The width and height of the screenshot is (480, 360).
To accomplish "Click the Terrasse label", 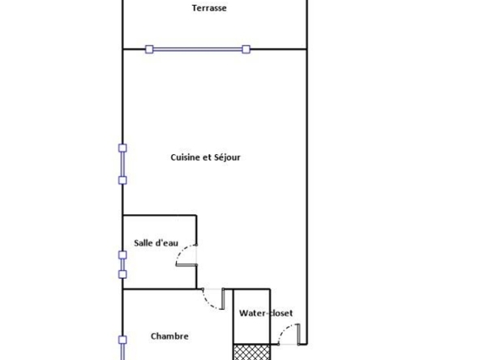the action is (x=209, y=8).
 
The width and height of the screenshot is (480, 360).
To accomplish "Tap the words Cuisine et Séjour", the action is (x=205, y=157).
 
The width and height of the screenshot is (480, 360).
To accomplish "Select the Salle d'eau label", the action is (x=156, y=243).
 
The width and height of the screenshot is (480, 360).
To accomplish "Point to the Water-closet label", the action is (x=266, y=313).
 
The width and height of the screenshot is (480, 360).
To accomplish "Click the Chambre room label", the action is (x=169, y=336).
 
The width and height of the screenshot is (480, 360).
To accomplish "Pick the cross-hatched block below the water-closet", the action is (x=251, y=352).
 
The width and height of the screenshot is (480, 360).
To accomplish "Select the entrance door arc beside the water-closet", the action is (x=284, y=329).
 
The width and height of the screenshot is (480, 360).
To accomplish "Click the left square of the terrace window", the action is (x=149, y=49).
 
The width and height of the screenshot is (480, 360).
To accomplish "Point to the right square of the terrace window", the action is (x=246, y=49).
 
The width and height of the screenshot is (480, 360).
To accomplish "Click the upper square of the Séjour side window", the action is (x=122, y=148).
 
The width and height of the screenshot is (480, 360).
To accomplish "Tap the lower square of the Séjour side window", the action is (x=122, y=180).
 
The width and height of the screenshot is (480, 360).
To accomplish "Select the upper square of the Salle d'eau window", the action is (x=122, y=255).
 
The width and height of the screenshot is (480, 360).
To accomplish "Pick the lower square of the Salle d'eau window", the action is (x=122, y=274).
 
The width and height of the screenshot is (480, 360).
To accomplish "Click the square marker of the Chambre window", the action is (x=122, y=340).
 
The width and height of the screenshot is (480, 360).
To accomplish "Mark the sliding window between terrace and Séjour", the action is (x=198, y=49).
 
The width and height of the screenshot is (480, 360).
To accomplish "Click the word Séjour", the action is (x=227, y=157).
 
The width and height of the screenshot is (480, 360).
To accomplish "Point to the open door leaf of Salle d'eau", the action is (x=186, y=265).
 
